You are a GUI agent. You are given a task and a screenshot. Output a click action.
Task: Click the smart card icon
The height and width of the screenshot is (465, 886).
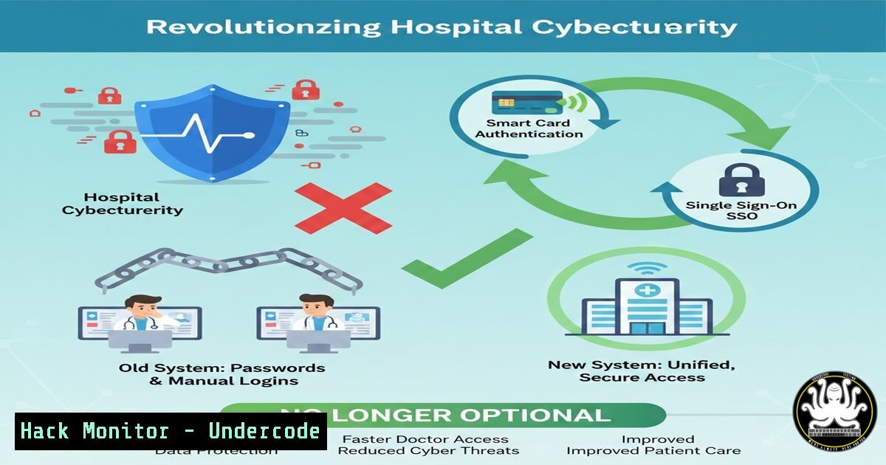point(518,103)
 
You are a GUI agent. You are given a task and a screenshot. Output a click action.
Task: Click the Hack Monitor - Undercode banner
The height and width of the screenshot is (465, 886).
point(171,431)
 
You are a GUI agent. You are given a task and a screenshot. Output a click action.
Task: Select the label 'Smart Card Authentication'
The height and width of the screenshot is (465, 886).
point(529,128)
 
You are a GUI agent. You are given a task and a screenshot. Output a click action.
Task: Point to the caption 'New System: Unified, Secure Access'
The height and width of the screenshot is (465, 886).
point(642,371)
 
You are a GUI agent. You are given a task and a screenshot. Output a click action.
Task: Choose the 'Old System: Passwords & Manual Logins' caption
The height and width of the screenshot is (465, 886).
point(221,374)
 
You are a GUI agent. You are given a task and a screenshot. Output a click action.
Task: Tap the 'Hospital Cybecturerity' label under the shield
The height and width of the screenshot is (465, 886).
point(123,204)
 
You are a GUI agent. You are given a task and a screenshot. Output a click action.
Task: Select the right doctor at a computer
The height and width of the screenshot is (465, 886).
point(315,317)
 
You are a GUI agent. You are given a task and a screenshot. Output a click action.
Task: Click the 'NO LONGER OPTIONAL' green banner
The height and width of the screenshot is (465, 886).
point(443,415)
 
